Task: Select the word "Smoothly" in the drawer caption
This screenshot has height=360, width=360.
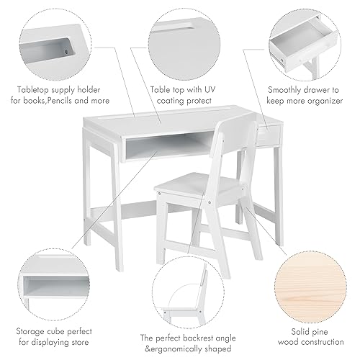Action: tap(288, 91)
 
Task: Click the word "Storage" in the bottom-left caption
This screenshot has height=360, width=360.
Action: tap(32, 312)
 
